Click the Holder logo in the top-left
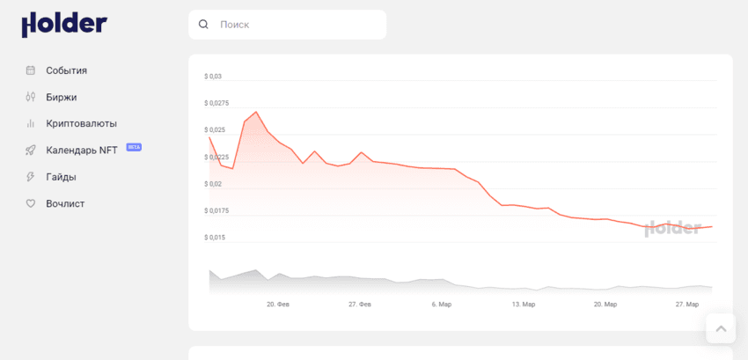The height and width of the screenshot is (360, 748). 64,25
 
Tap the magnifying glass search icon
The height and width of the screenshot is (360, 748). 204,25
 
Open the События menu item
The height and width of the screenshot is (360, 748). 66,70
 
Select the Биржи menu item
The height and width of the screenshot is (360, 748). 62,97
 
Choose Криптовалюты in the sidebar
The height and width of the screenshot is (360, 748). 81,124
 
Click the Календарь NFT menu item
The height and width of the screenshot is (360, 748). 81,151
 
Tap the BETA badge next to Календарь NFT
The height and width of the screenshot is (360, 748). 134,147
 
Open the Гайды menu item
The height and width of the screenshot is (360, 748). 61,177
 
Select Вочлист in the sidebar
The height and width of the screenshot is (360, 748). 65,203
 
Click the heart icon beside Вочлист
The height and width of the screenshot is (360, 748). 30,203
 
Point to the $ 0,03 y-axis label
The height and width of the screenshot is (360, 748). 213,77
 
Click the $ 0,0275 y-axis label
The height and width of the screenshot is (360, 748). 216,104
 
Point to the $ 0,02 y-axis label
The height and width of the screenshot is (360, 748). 213,184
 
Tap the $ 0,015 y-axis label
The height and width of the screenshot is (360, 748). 215,238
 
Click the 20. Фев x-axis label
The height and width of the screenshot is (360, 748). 278,305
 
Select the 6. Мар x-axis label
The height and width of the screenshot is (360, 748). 442,305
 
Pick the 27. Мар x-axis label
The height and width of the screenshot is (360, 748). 687,305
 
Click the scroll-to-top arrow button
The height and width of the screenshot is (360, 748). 721,328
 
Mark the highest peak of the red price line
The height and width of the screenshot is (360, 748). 256,112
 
